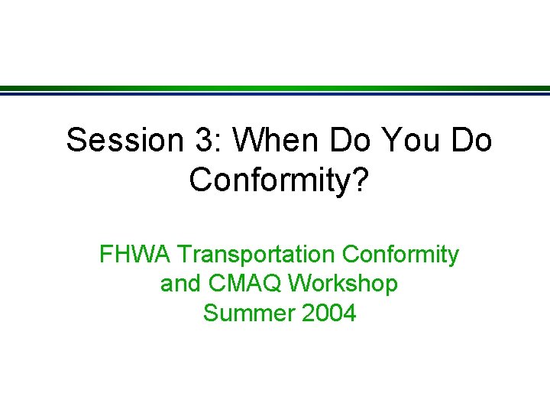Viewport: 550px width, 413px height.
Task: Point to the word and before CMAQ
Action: click(178, 285)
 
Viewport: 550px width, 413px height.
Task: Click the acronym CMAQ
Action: click(235, 285)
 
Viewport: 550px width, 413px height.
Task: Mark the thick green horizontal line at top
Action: click(275, 87)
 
